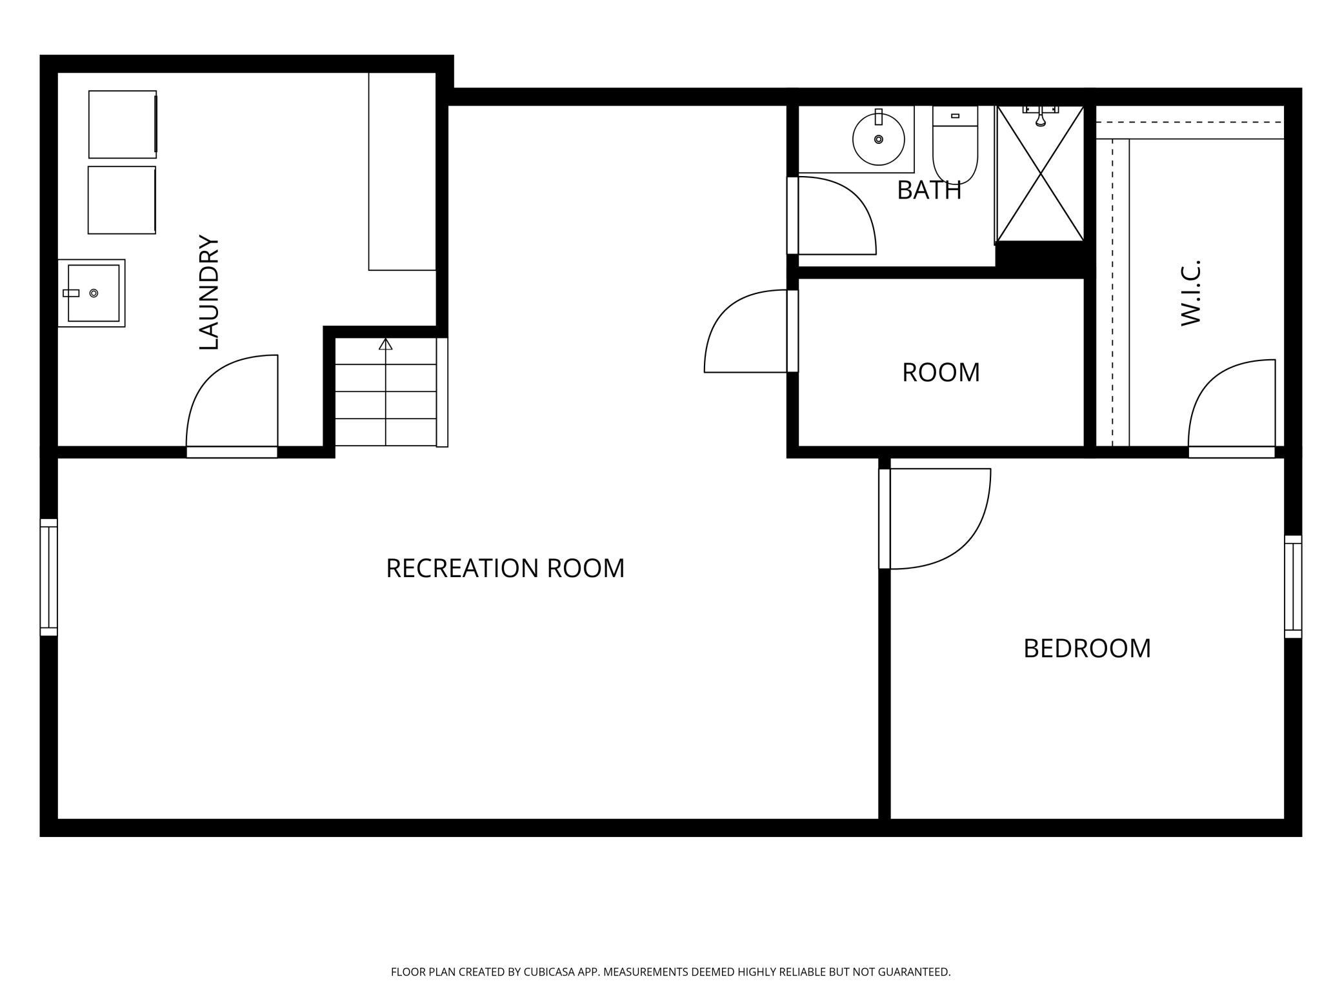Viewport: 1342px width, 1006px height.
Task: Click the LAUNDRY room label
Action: tap(209, 292)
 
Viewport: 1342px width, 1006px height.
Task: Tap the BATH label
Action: tap(929, 190)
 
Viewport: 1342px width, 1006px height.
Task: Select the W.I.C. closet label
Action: tap(1190, 293)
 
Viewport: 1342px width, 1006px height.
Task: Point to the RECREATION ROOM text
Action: tap(505, 568)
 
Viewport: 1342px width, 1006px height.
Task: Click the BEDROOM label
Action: tap(1087, 648)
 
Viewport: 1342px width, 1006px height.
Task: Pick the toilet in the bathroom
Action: tap(955, 144)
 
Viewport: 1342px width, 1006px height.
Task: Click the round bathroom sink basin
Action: tap(878, 139)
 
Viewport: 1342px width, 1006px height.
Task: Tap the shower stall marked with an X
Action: tap(1040, 174)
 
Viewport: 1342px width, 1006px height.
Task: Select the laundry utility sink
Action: tap(92, 293)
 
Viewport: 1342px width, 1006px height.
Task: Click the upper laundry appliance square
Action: tap(123, 124)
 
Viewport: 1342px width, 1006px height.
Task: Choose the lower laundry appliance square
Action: tap(122, 200)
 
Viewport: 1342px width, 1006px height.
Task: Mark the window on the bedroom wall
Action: tap(1293, 587)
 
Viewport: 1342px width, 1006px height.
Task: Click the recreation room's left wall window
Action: tap(49, 577)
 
